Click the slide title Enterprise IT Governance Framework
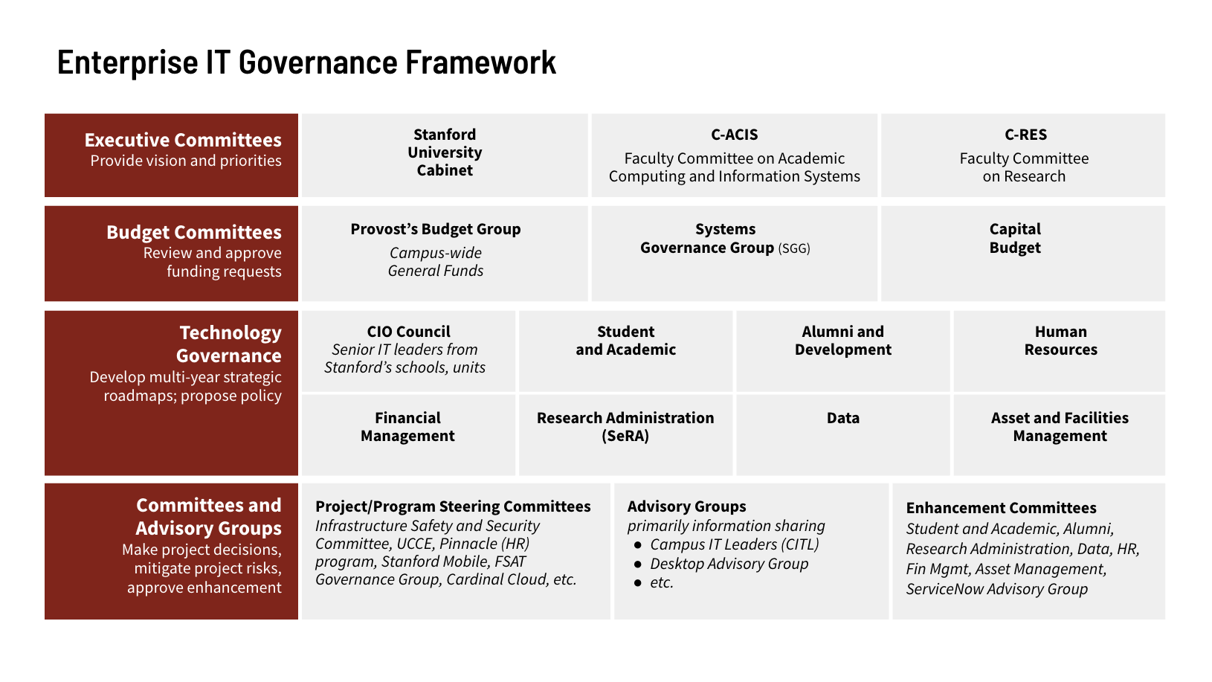click(x=306, y=62)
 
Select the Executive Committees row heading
click(x=183, y=140)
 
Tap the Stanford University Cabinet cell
click(x=445, y=152)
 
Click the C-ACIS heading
click(x=735, y=135)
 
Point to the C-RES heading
click(x=1025, y=135)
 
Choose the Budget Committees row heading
click(x=193, y=232)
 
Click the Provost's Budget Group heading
click(x=436, y=229)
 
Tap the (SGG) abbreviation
click(x=794, y=248)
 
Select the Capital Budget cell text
click(x=1015, y=238)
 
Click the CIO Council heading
click(x=408, y=332)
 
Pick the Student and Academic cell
click(x=625, y=341)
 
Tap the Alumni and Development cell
click(x=842, y=341)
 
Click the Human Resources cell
click(x=1060, y=341)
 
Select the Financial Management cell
click(x=407, y=427)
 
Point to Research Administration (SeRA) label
click(x=625, y=427)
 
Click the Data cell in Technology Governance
click(x=842, y=418)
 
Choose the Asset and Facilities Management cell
click(x=1060, y=427)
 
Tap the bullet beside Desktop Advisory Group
click(x=637, y=564)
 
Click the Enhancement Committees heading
click(x=1001, y=508)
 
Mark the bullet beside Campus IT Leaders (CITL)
click(x=637, y=545)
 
